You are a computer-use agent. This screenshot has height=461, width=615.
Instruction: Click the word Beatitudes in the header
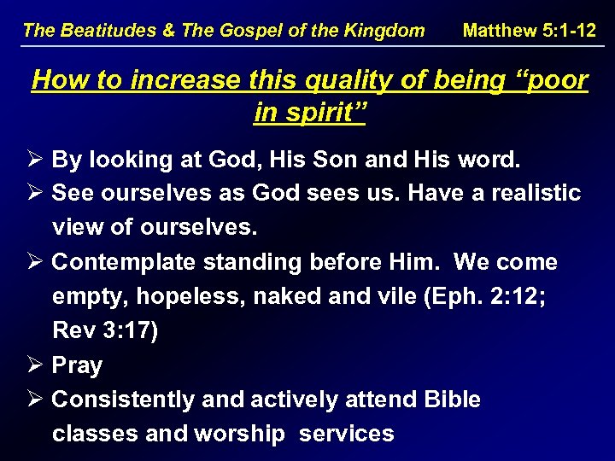click(x=102, y=31)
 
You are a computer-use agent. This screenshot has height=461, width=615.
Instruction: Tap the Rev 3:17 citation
click(x=105, y=330)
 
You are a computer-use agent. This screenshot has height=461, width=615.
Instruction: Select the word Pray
click(x=77, y=365)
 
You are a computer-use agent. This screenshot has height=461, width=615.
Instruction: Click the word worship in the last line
click(x=240, y=434)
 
